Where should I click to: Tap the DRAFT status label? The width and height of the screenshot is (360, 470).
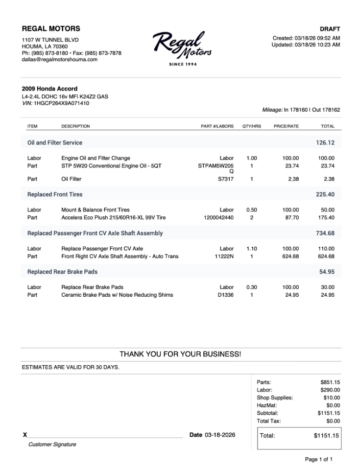pos(330,29)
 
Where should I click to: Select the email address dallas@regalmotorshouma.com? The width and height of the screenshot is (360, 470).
pos(60,60)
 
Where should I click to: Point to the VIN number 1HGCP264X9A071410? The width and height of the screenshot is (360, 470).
pos(61,103)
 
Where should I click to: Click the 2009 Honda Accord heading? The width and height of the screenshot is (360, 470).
pos(49,89)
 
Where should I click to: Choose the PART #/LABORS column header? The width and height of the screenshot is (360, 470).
pos(217,126)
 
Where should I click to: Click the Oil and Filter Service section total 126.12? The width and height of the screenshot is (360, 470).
pos(325,143)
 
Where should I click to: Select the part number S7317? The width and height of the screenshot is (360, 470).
pos(226,179)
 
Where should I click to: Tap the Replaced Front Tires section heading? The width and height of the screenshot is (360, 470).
pos(55,194)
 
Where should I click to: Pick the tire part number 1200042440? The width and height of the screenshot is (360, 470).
pos(218,217)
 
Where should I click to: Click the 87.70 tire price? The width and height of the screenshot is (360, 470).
pos(292,217)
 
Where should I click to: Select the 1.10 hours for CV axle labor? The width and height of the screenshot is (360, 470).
pos(251,249)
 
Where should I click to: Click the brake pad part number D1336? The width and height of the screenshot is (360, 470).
pos(226,295)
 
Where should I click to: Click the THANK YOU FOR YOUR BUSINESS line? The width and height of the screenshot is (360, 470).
pos(180,354)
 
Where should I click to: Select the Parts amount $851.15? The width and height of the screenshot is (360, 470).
pos(330,382)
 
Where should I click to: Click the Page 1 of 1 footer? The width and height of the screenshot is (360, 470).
pos(318,459)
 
